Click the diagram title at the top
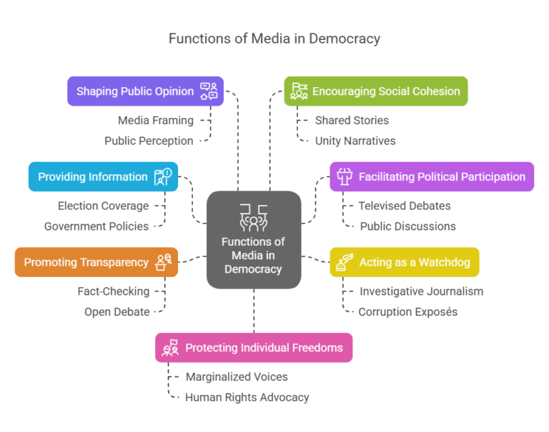coord(274,39)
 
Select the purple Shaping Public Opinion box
coord(146,91)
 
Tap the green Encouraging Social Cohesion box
coord(376,91)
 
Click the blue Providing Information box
coord(104,176)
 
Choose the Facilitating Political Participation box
coord(432,176)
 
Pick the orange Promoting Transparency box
coord(97,262)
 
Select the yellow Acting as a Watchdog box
coord(405,262)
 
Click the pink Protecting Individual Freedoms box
coord(254,348)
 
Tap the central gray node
coord(253,239)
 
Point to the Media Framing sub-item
coord(156,120)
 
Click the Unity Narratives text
coord(355,141)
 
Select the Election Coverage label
coord(104,206)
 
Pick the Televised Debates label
coord(405,206)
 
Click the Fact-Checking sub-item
coord(114,291)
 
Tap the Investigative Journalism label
coord(421,291)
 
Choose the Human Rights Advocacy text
coord(247,397)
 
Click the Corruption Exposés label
coord(407,312)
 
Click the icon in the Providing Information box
coord(162,177)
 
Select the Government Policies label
coord(97,226)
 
